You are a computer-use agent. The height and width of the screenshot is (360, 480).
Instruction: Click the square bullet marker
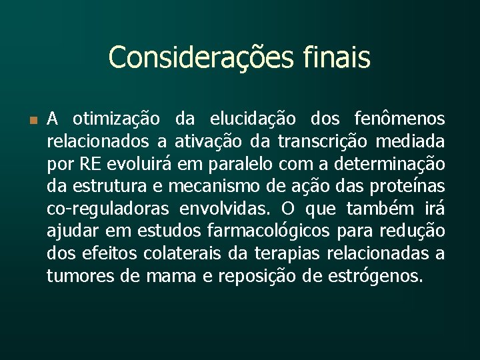coord(33,120)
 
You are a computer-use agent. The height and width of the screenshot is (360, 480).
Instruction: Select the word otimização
coord(115,119)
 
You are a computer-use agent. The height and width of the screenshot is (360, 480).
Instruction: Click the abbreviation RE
coord(89,164)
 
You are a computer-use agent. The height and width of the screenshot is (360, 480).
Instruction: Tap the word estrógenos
coord(375,275)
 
